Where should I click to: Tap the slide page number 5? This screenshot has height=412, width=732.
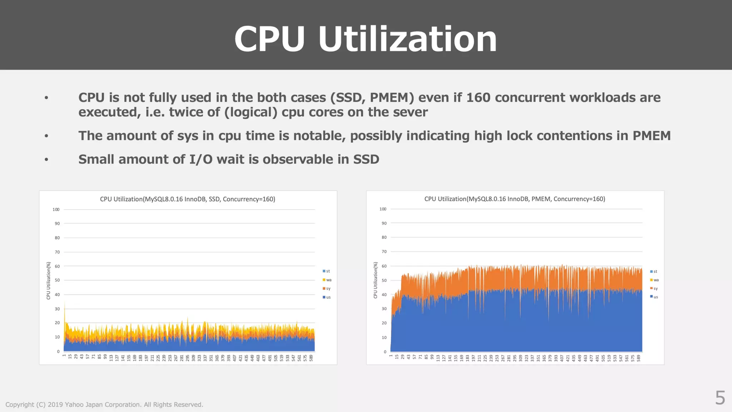click(720, 398)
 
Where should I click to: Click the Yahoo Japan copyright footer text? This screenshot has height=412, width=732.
click(104, 404)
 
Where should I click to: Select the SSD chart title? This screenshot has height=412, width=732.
click(187, 199)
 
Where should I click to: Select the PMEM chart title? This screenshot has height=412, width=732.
click(515, 199)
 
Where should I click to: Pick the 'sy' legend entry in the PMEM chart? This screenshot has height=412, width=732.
click(654, 288)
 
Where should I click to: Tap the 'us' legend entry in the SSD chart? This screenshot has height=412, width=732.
click(327, 297)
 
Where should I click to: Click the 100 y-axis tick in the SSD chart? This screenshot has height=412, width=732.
click(56, 210)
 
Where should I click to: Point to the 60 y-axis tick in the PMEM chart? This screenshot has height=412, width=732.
click(384, 266)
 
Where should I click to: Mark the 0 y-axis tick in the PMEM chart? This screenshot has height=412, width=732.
click(385, 352)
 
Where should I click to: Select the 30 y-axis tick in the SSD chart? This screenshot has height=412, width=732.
click(57, 309)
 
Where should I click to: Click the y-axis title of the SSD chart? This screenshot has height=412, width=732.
click(48, 280)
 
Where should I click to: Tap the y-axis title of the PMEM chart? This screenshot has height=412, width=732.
click(375, 280)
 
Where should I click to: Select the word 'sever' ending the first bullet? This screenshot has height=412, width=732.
click(410, 112)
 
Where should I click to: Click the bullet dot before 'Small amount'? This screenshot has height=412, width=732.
click(46, 160)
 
